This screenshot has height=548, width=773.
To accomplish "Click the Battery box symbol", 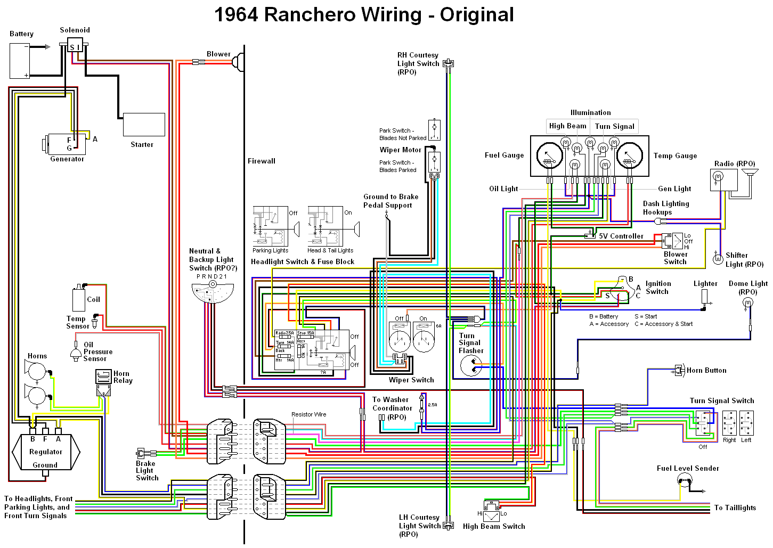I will [20, 61].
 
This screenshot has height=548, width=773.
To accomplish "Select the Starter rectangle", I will [144, 125].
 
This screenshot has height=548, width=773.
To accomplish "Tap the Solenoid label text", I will [75, 30].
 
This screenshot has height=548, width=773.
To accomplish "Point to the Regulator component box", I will [46, 452].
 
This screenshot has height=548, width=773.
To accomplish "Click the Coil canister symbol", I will [79, 299].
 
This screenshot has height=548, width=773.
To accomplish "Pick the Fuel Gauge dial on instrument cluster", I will [550, 156].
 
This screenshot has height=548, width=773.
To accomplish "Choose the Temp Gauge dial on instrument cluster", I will [629, 156].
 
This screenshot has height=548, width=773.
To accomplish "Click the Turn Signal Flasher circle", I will [471, 366].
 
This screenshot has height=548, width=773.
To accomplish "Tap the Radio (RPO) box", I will [723, 179].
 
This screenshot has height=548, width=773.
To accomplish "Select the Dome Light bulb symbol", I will [748, 304].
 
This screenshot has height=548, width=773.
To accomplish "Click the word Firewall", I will [262, 161].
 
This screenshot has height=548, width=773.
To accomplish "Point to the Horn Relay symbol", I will [103, 377].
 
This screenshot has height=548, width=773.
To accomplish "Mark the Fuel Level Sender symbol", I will [685, 481].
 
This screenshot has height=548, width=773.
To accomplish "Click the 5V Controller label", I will [621, 236].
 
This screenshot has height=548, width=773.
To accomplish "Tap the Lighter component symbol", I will [705, 297].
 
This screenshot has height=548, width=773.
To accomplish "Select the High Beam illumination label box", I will [567, 126].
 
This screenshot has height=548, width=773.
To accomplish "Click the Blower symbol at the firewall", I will [238, 62].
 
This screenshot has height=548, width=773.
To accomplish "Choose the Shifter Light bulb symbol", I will [718, 259].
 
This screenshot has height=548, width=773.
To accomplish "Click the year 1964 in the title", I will [236, 15].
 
